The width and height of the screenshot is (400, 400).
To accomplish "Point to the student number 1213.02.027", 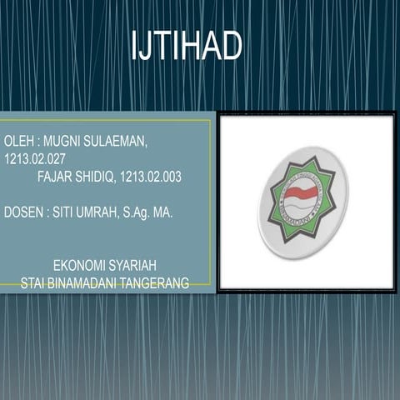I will [35, 157].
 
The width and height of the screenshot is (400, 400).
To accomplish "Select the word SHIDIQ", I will [97, 177].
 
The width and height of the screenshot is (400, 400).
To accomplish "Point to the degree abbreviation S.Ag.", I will [137, 212].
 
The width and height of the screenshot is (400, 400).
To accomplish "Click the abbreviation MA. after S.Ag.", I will [164, 212].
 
